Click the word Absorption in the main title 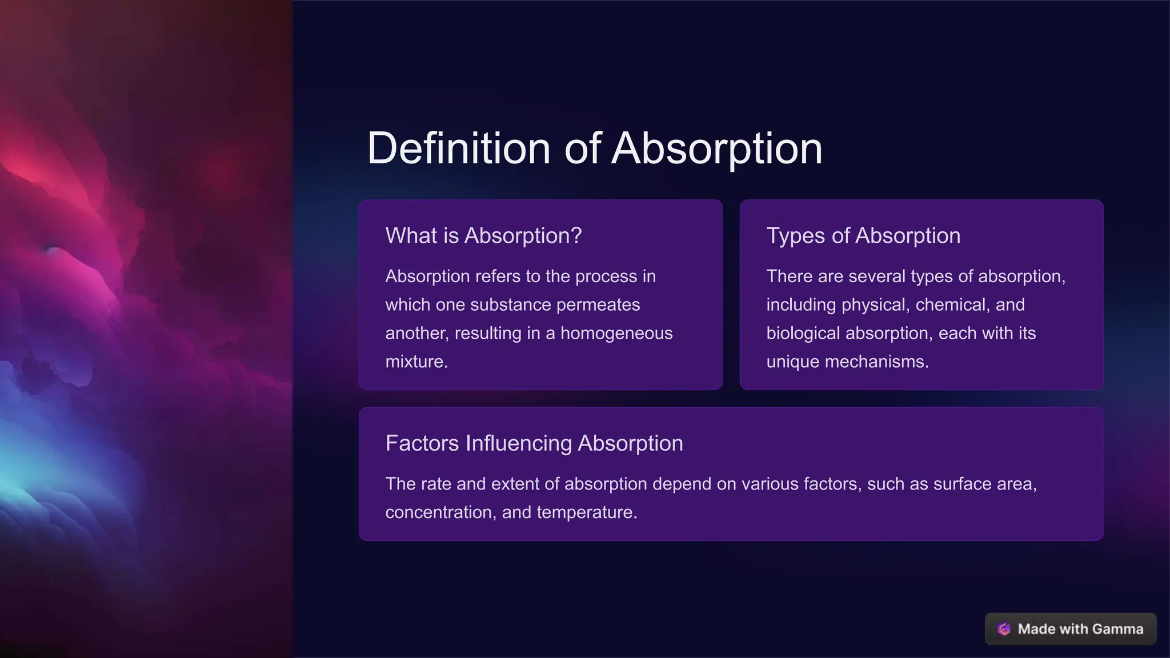click(717, 149)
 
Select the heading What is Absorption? click(483, 235)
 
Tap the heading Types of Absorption click(863, 235)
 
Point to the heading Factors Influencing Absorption click(534, 443)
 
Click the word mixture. click(416, 362)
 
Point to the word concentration click(439, 512)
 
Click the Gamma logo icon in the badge click(1004, 629)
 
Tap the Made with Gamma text click(1080, 629)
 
